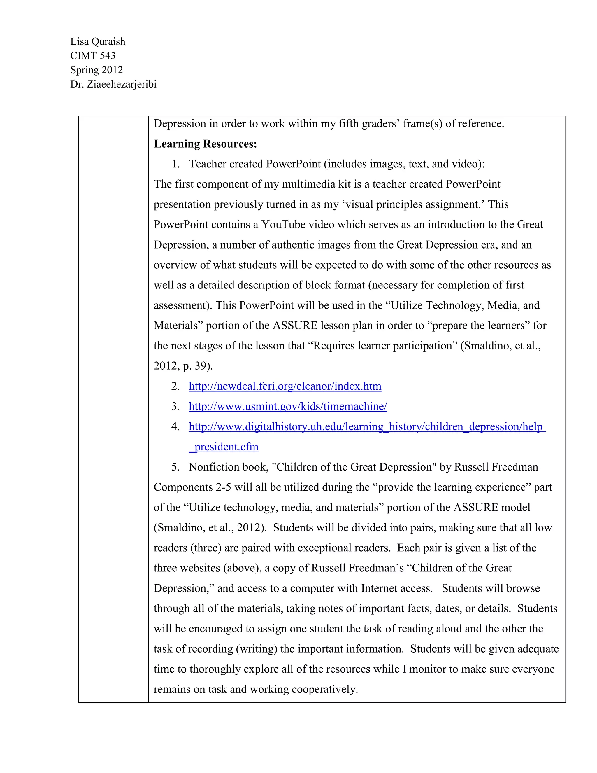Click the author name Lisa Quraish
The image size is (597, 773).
(x=98, y=41)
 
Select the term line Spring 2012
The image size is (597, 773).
(x=96, y=70)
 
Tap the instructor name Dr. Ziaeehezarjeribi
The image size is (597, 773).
(x=113, y=84)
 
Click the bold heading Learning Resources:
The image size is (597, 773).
(x=205, y=144)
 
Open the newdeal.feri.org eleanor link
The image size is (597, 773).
(x=285, y=386)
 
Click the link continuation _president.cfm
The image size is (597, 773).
(x=224, y=447)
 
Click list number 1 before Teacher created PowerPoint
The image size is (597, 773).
(x=175, y=164)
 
